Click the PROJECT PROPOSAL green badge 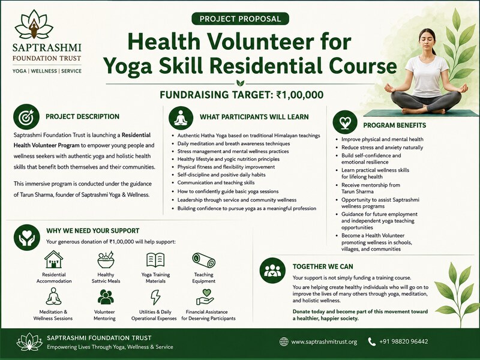point(241,19)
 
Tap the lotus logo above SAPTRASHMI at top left point(34,25)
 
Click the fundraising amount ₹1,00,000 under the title point(299,95)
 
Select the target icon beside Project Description point(26,116)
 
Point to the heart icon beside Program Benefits point(345,122)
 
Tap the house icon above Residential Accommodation point(53,260)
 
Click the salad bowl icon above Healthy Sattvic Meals point(106,260)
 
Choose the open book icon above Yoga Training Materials point(155,260)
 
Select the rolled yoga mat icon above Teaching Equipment point(203,260)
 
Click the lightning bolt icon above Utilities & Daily point(155,297)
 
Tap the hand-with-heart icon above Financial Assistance point(205,297)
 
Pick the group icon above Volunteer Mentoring point(106,296)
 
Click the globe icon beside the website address point(284,341)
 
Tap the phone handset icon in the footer point(371,341)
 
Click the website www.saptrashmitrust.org point(324,341)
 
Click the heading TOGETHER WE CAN point(323,266)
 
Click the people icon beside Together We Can point(272,271)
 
